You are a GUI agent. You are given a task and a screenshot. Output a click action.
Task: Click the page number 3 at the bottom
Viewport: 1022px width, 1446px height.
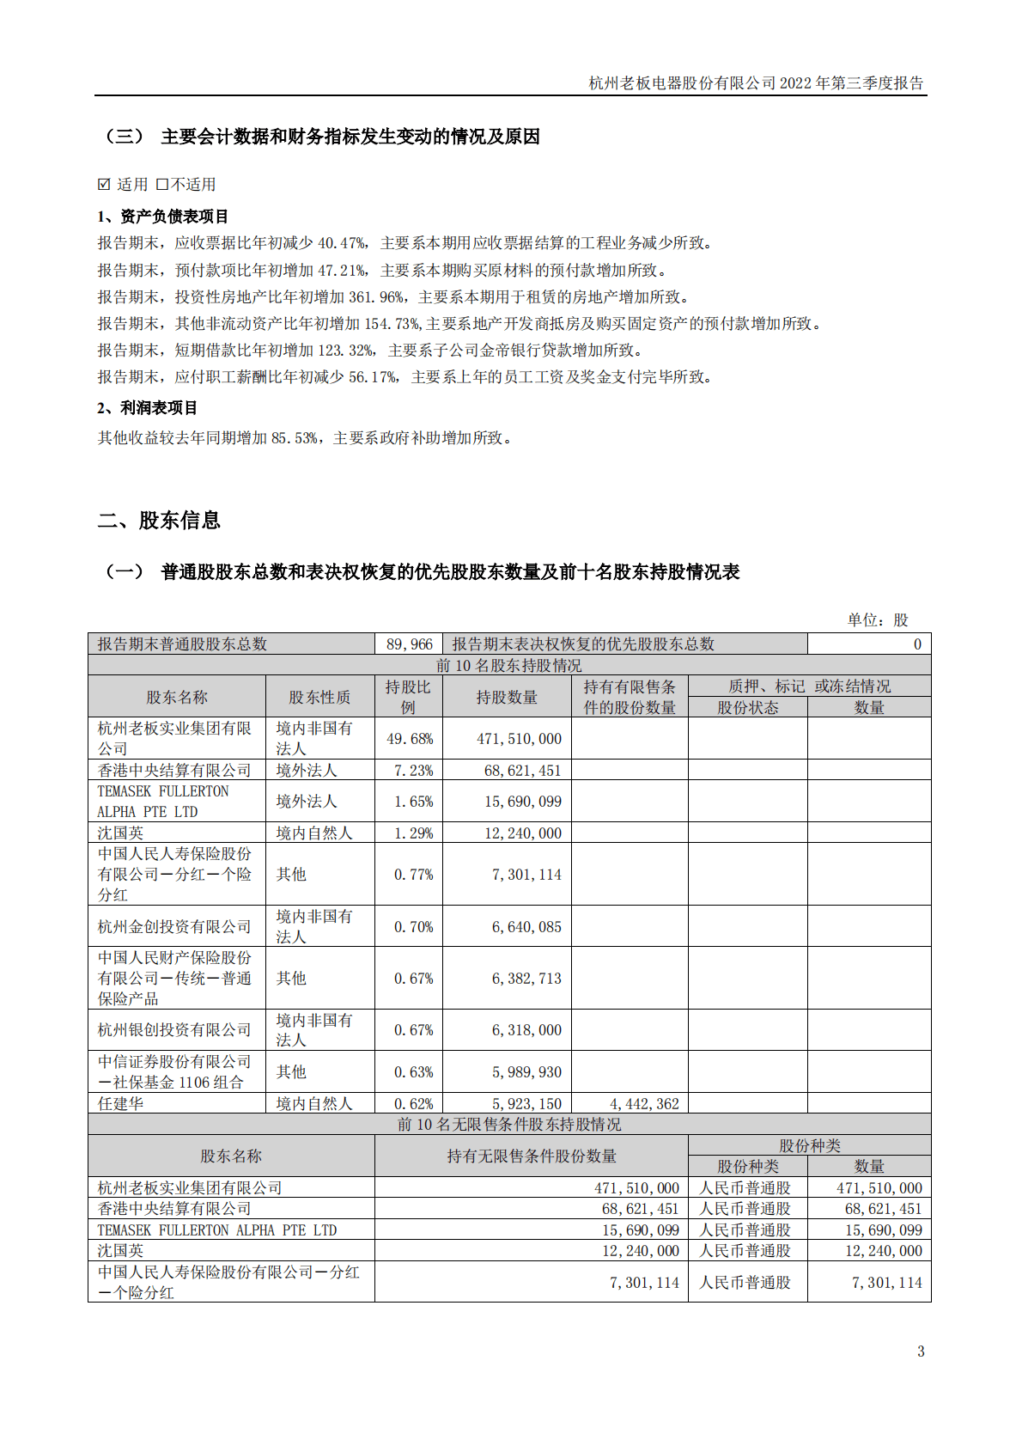(x=921, y=1351)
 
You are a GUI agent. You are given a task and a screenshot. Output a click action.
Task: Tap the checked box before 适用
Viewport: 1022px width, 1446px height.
(x=105, y=184)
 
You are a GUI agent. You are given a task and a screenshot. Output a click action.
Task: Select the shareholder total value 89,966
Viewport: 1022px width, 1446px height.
(x=409, y=644)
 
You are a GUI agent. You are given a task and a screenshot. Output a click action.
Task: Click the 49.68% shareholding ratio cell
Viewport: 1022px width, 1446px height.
(x=409, y=739)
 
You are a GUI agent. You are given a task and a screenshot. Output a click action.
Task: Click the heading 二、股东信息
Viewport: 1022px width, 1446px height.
(x=159, y=520)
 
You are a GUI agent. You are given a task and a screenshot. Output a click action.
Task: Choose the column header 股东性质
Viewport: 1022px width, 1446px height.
(x=319, y=697)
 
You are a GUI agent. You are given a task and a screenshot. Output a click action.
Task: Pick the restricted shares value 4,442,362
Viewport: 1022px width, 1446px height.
(x=644, y=1104)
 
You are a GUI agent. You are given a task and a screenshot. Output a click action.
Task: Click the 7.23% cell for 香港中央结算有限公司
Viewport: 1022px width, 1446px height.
(x=412, y=771)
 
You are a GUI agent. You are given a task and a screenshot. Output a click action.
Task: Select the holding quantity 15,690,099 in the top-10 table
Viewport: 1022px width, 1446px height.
(x=522, y=802)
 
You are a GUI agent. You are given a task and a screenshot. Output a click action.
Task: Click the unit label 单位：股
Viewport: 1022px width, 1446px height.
(x=877, y=619)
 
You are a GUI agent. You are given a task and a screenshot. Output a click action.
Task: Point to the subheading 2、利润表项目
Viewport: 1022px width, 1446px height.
(x=147, y=408)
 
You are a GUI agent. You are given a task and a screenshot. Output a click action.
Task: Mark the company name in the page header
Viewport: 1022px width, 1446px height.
(x=683, y=83)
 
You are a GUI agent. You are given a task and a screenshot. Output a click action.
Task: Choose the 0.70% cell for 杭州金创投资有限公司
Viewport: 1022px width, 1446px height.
(x=412, y=927)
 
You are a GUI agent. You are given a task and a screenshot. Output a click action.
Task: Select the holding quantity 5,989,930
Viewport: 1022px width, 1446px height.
(x=526, y=1072)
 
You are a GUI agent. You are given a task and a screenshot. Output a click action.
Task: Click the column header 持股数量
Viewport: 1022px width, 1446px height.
(x=507, y=697)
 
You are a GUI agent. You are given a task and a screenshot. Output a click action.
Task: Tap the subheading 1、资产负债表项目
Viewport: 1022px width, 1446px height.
(x=162, y=217)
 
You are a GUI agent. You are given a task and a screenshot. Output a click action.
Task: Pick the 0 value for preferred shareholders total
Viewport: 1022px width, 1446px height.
(x=917, y=644)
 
